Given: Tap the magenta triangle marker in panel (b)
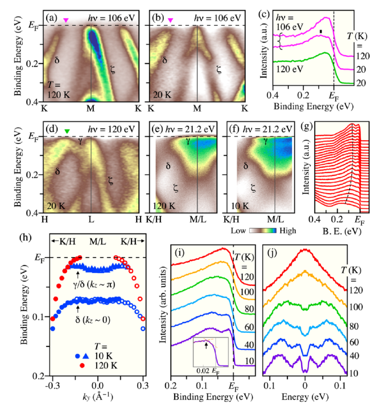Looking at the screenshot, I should click(170, 20).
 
